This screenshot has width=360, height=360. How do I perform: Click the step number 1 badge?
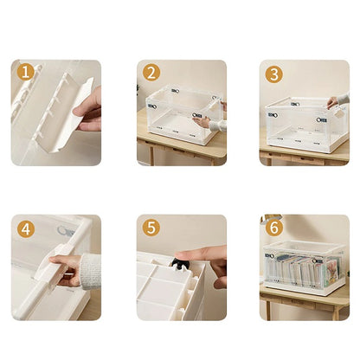tap(26, 72)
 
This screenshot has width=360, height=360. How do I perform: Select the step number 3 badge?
tap(273, 74)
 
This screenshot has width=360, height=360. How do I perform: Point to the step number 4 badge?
tap(26, 229)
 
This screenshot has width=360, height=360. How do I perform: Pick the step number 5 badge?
tap(151, 228)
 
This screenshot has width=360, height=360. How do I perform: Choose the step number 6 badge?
tap(273, 228)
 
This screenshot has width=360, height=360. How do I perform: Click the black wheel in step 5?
tap(180, 264)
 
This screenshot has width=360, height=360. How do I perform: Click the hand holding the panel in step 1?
tap(88, 111)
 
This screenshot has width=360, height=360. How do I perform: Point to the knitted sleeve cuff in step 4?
tap(90, 272)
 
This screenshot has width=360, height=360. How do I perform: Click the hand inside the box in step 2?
tap(202, 121)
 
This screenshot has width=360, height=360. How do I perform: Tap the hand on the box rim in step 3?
tap(332, 102)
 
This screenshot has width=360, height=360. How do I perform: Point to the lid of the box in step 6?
tap(305, 246)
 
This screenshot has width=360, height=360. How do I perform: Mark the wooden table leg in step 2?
tap(151, 156)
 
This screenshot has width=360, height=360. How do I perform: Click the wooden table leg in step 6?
tap(268, 311)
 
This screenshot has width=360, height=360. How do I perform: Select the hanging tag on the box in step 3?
tap(340, 112)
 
